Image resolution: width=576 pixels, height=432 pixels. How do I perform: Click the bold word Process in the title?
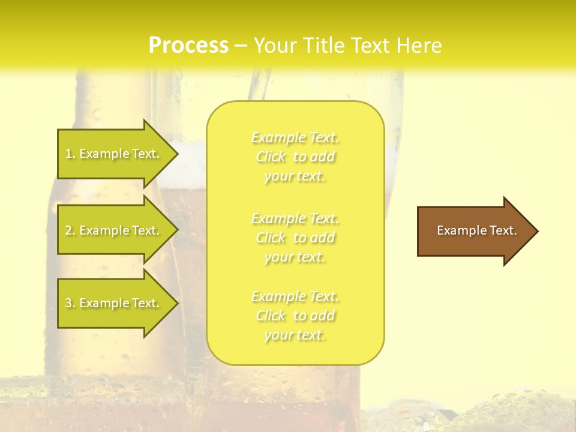[188, 46]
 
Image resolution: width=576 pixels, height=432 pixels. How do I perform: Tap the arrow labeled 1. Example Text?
[114, 154]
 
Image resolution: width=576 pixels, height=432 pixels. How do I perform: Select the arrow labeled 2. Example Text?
[114, 230]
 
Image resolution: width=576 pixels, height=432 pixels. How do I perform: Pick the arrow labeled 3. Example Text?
[114, 303]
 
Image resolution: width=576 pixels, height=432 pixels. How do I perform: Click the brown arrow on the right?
[474, 230]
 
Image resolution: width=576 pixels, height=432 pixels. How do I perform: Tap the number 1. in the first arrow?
[70, 154]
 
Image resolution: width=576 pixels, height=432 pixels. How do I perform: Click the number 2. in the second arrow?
[70, 230]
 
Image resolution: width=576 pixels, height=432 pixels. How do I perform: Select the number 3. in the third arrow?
[70, 303]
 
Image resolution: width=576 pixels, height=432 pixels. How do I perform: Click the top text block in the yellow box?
[295, 157]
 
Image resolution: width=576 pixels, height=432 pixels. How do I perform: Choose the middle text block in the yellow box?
[295, 238]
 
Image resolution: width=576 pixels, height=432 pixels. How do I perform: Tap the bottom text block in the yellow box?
[295, 316]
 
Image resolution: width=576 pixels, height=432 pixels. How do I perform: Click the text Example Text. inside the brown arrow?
[477, 230]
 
